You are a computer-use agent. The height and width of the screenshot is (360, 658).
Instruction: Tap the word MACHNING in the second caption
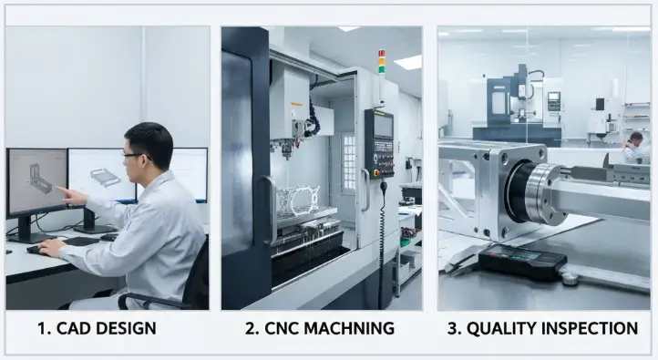click(352, 328)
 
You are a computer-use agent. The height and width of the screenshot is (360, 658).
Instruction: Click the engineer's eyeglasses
click(134, 156)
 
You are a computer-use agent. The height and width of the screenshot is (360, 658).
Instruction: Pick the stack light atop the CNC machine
click(382, 61)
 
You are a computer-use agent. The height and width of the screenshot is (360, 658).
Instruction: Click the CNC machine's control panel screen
click(383, 125)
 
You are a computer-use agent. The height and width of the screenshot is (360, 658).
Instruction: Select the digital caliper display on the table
click(520, 262)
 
